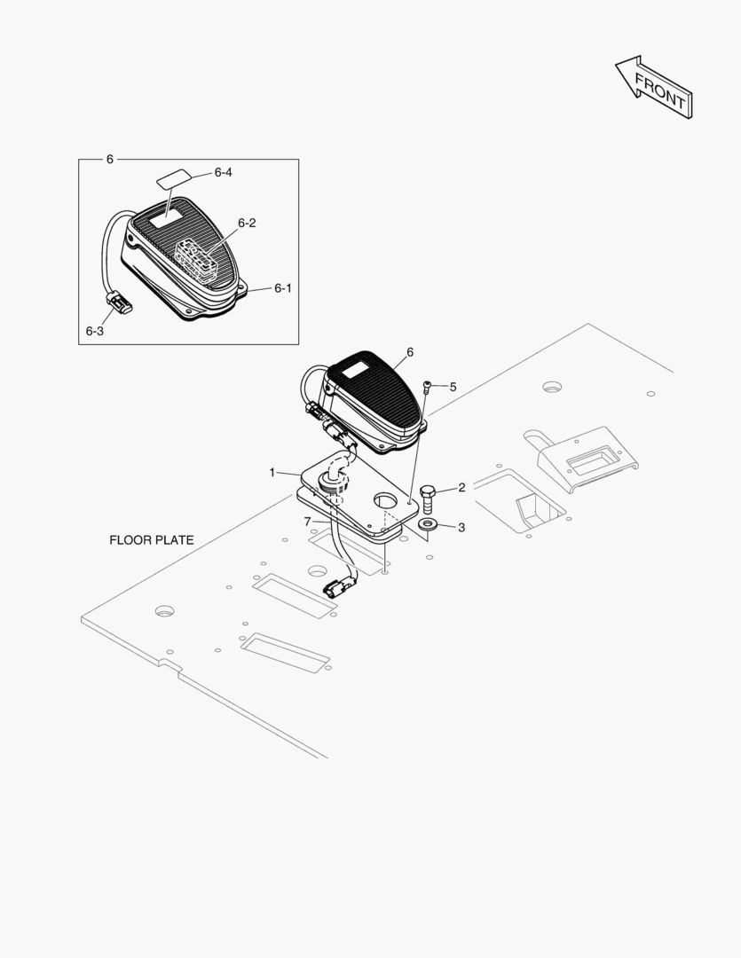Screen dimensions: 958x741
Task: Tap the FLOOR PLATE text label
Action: click(151, 539)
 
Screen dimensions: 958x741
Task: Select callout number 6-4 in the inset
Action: click(223, 172)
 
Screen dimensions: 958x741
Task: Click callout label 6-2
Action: click(246, 223)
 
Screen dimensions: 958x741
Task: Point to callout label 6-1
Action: click(282, 288)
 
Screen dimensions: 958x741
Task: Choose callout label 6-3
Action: click(94, 330)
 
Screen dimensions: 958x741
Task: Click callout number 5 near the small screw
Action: click(453, 387)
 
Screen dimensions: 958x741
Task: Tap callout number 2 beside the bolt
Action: click(461, 487)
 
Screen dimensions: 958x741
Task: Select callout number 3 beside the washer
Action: click(461, 527)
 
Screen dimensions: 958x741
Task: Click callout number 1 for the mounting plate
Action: click(272, 472)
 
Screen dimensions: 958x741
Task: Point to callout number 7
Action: click(307, 521)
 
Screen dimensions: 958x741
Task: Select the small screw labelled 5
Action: click(428, 386)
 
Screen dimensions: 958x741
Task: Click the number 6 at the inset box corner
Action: click(109, 159)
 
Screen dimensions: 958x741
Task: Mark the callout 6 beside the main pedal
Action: click(410, 352)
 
